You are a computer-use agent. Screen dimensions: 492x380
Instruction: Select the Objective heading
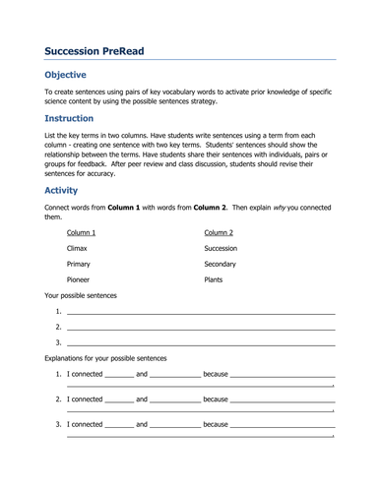point(66,75)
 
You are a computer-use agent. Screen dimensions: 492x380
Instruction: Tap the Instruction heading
point(70,118)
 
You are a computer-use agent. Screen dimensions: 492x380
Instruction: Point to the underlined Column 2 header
point(219,232)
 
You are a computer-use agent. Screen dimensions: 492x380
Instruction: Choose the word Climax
point(78,249)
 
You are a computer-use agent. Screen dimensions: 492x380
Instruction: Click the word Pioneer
point(79,279)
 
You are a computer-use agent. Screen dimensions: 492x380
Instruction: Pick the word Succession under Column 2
point(221,249)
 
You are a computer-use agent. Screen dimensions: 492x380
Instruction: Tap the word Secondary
point(221,265)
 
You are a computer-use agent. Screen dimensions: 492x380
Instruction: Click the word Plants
point(213,279)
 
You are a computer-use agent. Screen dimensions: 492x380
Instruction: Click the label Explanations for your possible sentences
point(105,357)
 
